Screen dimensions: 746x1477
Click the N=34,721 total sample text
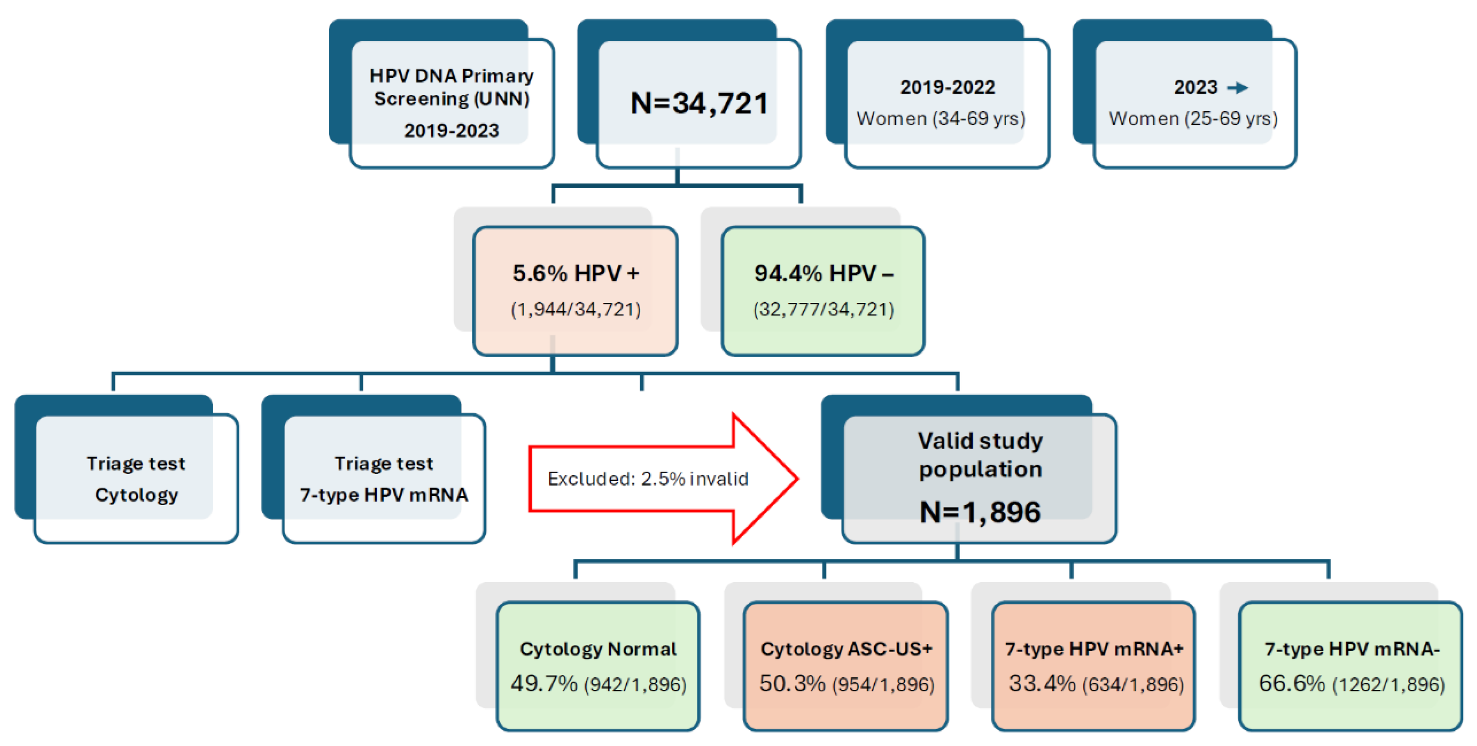tap(699, 104)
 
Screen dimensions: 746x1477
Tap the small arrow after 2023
tap(1238, 88)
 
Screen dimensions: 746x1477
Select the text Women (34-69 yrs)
tap(941, 119)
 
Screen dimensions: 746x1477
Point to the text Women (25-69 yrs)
tap(1193, 119)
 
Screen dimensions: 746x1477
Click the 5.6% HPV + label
tap(576, 273)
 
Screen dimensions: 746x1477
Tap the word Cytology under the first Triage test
tap(136, 494)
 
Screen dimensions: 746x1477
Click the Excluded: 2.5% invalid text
tap(648, 478)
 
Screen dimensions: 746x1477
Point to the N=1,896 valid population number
tap(980, 512)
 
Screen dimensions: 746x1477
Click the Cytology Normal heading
tap(598, 649)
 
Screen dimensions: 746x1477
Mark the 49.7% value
tap(543, 684)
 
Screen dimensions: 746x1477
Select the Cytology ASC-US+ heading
tap(846, 649)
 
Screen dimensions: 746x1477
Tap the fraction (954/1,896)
tap(883, 685)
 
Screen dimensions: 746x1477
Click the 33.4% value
tap(1042, 684)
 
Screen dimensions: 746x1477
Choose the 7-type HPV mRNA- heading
tap(1352, 649)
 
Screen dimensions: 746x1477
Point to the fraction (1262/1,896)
tap(1388, 685)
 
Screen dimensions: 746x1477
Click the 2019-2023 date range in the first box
tap(451, 131)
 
